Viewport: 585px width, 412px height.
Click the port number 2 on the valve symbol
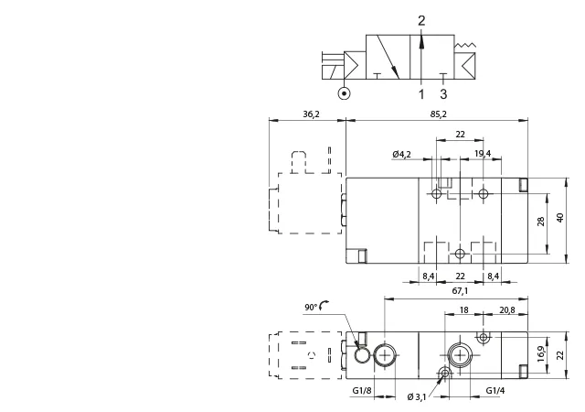(421, 20)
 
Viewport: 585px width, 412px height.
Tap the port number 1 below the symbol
(421, 94)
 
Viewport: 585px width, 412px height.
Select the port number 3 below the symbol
(443, 94)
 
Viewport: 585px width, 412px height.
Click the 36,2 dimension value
(311, 114)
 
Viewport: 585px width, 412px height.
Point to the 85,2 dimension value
(439, 114)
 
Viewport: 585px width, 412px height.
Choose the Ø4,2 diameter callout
(402, 154)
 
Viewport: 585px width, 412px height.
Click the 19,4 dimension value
(483, 153)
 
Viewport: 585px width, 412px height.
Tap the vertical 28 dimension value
(540, 222)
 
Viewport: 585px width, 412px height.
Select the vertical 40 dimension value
(560, 218)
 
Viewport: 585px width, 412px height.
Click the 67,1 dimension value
(460, 291)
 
